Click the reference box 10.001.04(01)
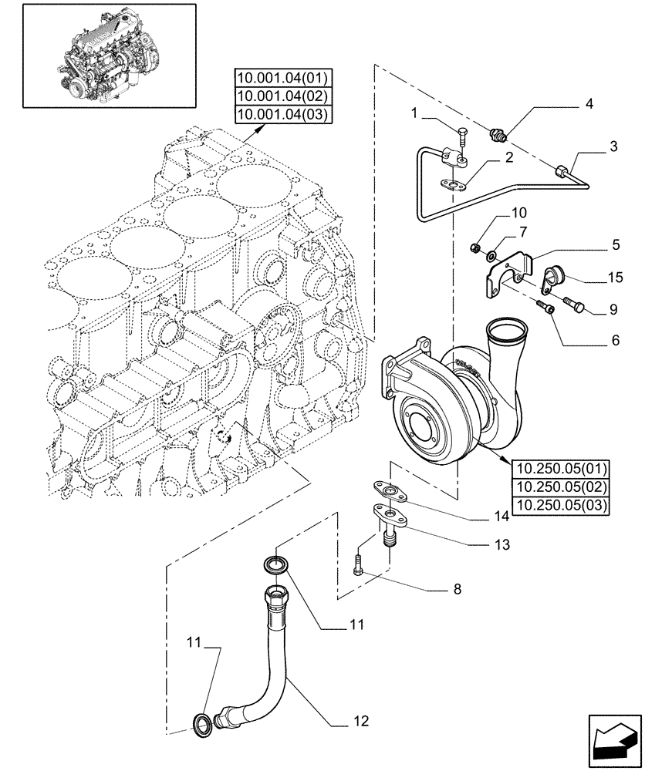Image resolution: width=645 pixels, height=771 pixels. [282, 78]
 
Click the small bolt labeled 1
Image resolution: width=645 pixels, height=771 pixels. [461, 138]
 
